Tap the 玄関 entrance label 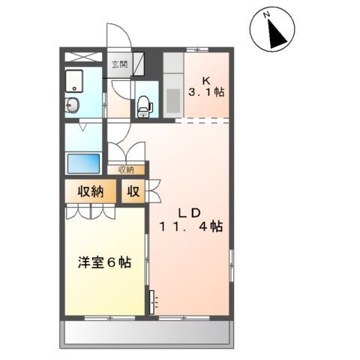(x=119, y=64)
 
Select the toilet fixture (x=145, y=106)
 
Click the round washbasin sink (x=73, y=105)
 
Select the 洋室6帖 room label (x=105, y=263)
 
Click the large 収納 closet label (x=88, y=191)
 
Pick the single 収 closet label (x=133, y=191)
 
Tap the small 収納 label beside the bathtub (x=125, y=170)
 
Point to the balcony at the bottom (x=146, y=332)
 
